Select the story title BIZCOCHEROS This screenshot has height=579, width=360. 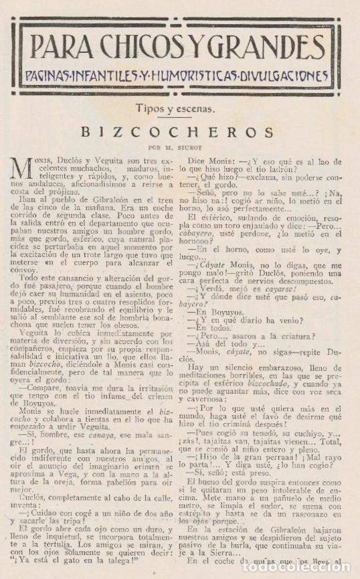tap(179, 133)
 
